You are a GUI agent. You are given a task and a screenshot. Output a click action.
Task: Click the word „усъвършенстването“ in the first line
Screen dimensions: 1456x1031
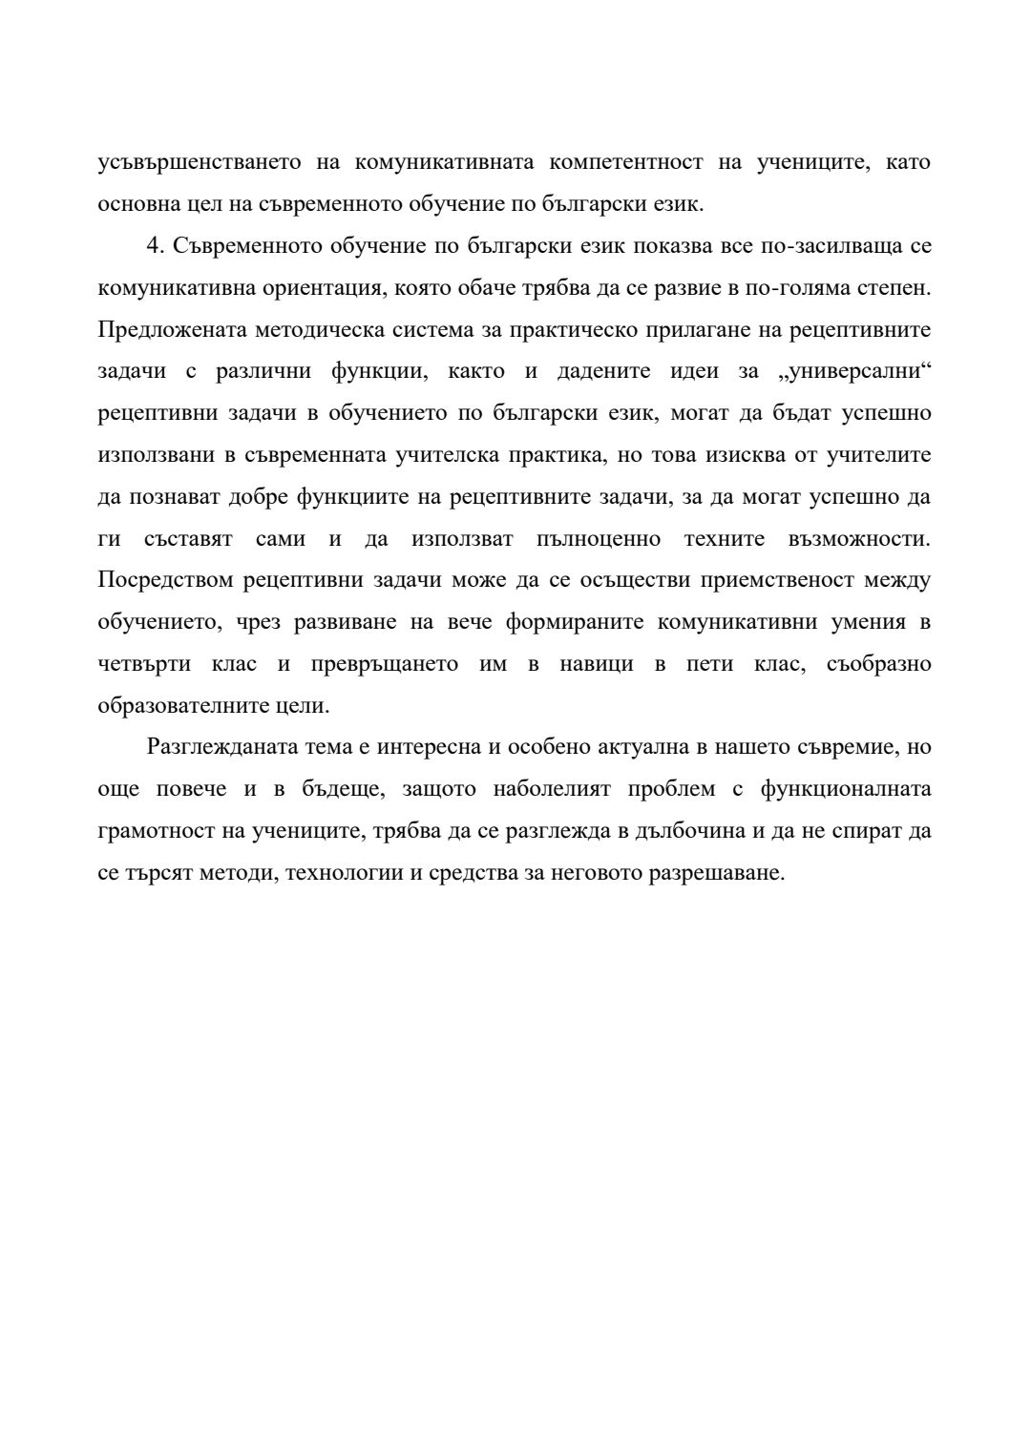(200, 162)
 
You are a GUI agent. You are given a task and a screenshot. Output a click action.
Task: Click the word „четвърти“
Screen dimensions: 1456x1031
(144, 665)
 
